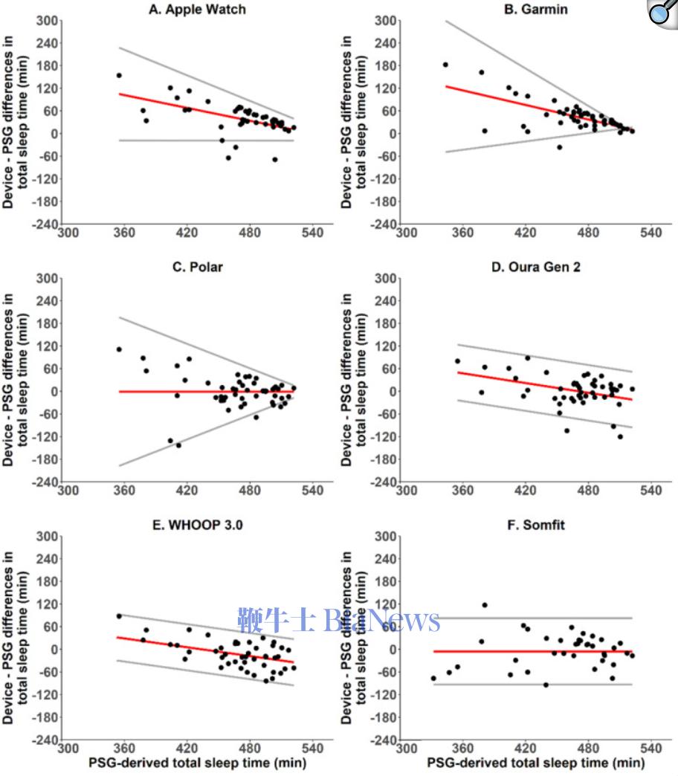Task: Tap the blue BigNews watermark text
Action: (x=339, y=619)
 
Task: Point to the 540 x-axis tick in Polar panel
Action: (x=313, y=491)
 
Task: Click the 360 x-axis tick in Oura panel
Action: (x=462, y=491)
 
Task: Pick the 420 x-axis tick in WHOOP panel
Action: (x=187, y=749)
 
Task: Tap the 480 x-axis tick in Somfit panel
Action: (x=589, y=749)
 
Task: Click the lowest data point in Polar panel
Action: (x=178, y=445)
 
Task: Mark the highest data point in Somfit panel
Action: (x=485, y=605)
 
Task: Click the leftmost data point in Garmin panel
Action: (x=445, y=65)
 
